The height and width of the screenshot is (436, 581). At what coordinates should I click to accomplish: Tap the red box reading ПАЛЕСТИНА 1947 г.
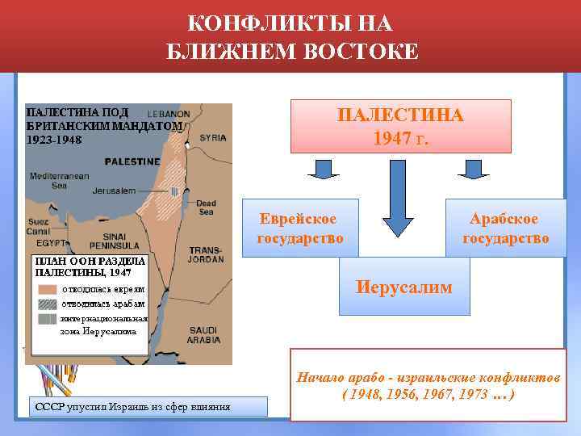[401, 126]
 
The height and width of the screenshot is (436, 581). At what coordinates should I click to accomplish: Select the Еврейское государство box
[299, 228]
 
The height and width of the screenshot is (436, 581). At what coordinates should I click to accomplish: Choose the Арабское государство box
[505, 228]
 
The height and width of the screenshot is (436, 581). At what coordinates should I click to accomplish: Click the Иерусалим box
[404, 287]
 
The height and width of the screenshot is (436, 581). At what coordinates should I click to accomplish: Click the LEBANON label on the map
[169, 114]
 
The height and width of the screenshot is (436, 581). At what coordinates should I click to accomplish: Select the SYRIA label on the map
[213, 138]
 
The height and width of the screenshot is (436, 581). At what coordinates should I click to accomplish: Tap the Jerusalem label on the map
[114, 191]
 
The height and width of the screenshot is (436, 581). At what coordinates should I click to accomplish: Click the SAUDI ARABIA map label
[205, 335]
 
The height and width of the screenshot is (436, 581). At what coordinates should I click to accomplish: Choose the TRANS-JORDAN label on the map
[205, 254]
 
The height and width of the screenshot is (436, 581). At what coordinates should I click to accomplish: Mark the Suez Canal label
[40, 226]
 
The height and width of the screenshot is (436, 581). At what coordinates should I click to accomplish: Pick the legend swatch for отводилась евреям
[48, 289]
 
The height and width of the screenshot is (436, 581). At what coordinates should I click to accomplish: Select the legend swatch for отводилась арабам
[48, 304]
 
